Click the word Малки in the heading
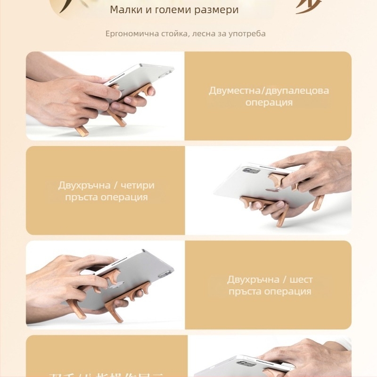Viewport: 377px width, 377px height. pyautogui.click(x=124, y=9)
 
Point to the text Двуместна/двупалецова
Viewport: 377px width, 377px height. pyautogui.click(x=269, y=90)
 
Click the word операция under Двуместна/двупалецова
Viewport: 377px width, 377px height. pyautogui.click(x=269, y=102)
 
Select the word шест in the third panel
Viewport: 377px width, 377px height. pyautogui.click(x=301, y=279)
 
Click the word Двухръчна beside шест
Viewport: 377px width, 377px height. pyautogui.click(x=254, y=279)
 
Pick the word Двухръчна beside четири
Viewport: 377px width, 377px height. pyautogui.click(x=85, y=185)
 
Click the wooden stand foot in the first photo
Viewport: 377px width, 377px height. pyautogui.click(x=81, y=131)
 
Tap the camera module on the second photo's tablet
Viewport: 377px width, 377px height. pyautogui.click(x=251, y=170)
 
